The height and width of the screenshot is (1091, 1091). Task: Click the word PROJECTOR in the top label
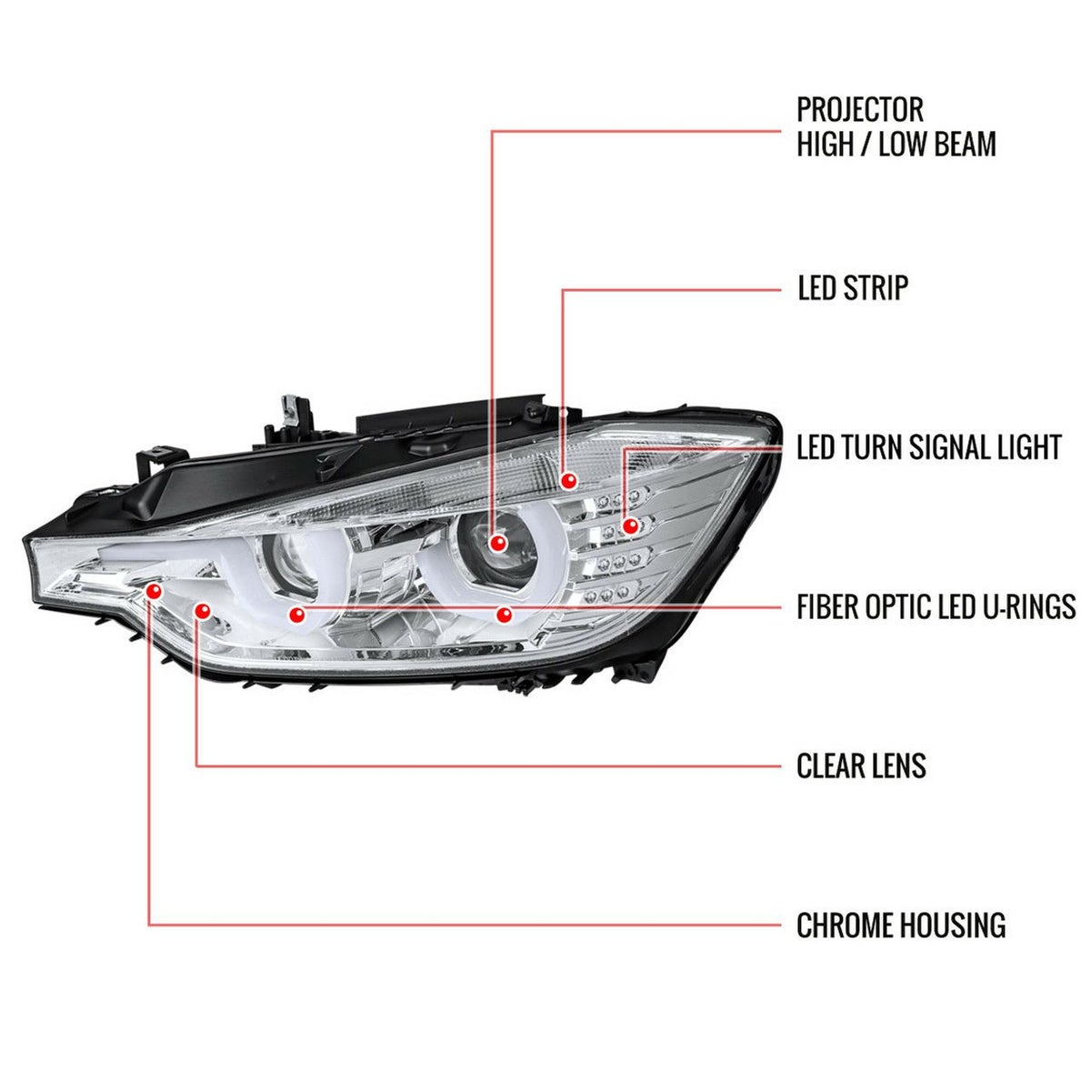coord(860,110)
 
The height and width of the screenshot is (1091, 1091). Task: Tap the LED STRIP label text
coord(852,288)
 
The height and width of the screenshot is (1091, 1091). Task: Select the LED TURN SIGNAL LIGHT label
coord(928,447)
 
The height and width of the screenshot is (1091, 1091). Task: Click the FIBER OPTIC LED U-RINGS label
coord(936,606)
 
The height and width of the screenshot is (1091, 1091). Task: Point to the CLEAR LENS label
coord(861,766)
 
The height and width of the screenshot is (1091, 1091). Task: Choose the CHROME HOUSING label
coord(900,926)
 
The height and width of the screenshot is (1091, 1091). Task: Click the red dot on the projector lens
coord(497,544)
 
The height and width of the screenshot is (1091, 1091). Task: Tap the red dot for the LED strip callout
coord(569,480)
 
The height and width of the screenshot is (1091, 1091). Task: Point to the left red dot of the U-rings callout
coord(295,616)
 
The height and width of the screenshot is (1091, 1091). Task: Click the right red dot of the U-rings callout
coord(503,616)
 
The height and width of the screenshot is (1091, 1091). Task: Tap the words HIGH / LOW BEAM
coord(896,144)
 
